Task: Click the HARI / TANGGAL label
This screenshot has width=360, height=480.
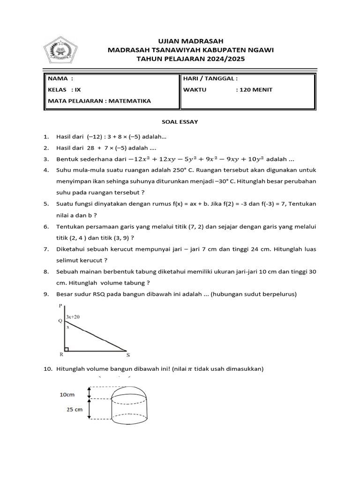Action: (210, 79)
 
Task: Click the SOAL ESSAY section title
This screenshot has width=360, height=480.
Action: (180, 122)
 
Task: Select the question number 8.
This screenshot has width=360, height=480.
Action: (45, 271)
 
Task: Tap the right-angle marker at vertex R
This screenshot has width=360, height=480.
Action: (67, 348)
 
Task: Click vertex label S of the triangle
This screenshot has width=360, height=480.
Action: (128, 355)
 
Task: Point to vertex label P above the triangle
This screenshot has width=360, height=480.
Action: (60, 306)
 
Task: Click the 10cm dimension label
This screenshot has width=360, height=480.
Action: (67, 395)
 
